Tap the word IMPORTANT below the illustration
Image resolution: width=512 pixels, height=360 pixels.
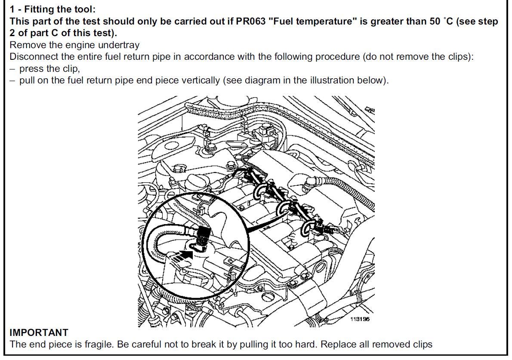click(39, 332)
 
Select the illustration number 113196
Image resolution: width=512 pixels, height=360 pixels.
click(360, 319)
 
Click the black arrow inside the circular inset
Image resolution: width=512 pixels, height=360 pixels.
click(181, 255)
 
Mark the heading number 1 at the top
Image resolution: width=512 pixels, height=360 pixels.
click(12, 9)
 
